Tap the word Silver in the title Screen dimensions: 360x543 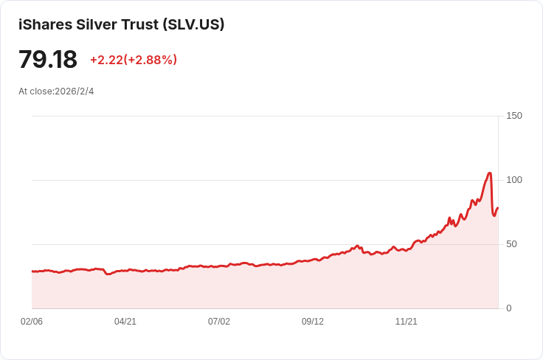coord(97,24)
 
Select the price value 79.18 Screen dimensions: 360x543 coord(48,60)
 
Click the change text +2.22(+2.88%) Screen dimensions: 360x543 coord(134,60)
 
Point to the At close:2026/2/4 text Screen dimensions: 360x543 coord(56,91)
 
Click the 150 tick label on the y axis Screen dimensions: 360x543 coord(514,116)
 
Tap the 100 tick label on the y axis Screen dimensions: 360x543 coord(514,180)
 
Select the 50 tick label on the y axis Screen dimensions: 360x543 coord(511,244)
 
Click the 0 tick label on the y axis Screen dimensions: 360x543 coord(509,308)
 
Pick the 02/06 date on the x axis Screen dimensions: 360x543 coord(32,322)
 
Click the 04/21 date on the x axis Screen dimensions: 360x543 coord(125,322)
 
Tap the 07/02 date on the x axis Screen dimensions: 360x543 coord(219,322)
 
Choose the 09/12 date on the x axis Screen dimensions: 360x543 coord(313,322)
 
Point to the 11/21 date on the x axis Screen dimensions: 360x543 coord(407,322)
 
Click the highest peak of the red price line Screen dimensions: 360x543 coord(490,173)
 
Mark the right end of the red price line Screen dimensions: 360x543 coord(498,208)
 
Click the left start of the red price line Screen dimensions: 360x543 coord(32,271)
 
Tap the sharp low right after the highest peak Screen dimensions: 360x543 coord(494,215)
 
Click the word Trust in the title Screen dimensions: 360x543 coord(139,24)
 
